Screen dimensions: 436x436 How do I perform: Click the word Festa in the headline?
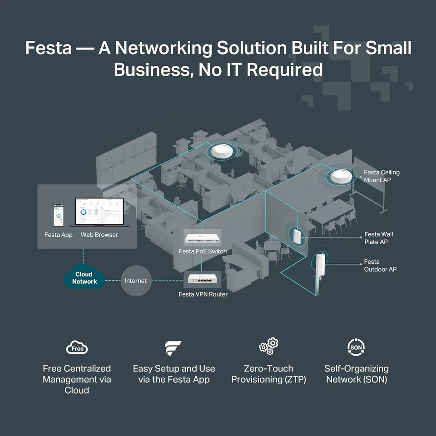(48, 48)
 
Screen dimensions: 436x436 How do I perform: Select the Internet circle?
(136, 281)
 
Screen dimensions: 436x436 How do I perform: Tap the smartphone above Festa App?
(59, 215)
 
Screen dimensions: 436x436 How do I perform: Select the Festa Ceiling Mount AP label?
(381, 176)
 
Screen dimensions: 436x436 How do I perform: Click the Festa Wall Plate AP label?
(378, 238)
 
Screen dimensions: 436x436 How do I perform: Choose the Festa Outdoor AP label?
(380, 266)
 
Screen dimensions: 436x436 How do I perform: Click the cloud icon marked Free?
(77, 348)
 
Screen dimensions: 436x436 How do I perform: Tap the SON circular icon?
(356, 347)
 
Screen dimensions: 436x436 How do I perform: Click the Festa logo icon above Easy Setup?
(173, 348)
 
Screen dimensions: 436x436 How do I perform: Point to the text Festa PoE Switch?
(203, 251)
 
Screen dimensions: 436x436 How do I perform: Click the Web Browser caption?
(99, 235)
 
